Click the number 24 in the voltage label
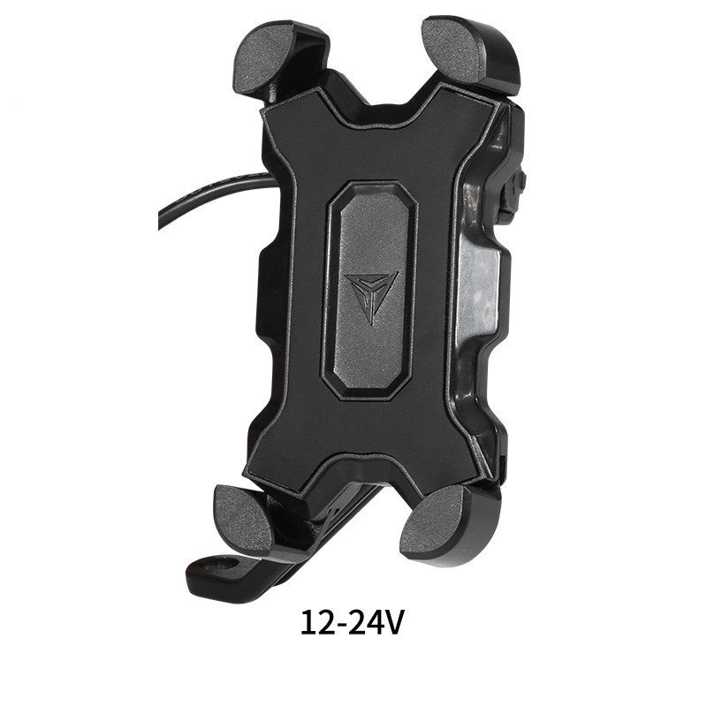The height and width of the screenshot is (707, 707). click(x=368, y=623)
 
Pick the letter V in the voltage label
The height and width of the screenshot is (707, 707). click(x=394, y=623)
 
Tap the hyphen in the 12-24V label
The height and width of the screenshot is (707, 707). click(x=341, y=626)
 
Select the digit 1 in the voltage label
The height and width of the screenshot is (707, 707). click(x=309, y=623)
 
